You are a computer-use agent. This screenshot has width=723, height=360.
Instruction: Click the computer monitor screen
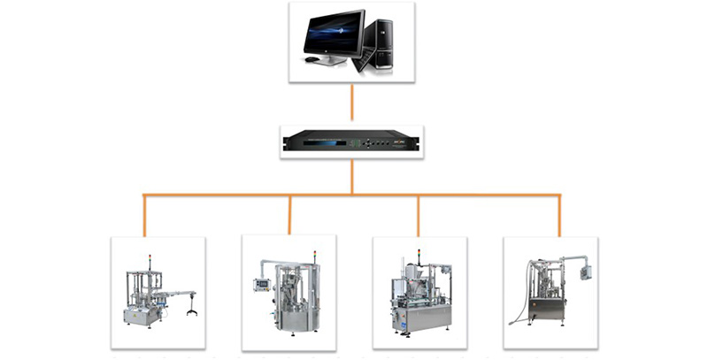334,34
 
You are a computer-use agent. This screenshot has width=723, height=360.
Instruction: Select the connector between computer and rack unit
352,103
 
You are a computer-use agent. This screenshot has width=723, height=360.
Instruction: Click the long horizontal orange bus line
352,195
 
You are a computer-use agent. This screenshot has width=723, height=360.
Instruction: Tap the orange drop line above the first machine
143,214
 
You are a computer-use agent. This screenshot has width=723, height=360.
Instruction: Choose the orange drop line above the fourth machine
559,214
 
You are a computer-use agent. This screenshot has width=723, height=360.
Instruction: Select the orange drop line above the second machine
289,214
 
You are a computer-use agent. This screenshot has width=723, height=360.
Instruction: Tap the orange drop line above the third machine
418,214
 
